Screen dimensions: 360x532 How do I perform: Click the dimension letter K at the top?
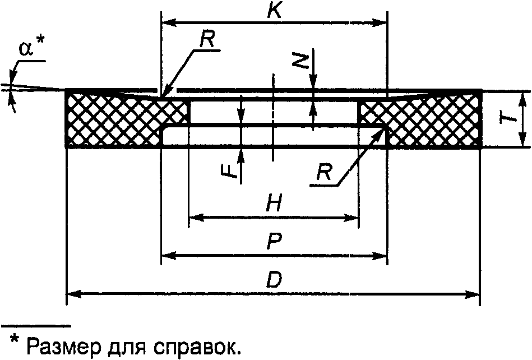(x=274, y=11)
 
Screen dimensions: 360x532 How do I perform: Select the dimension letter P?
(x=274, y=242)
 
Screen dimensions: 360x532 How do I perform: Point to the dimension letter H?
(x=274, y=205)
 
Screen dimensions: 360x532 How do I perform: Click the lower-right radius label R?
(x=322, y=173)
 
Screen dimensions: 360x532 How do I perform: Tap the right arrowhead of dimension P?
(x=381, y=256)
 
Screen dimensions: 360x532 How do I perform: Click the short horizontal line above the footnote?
(x=36, y=325)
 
